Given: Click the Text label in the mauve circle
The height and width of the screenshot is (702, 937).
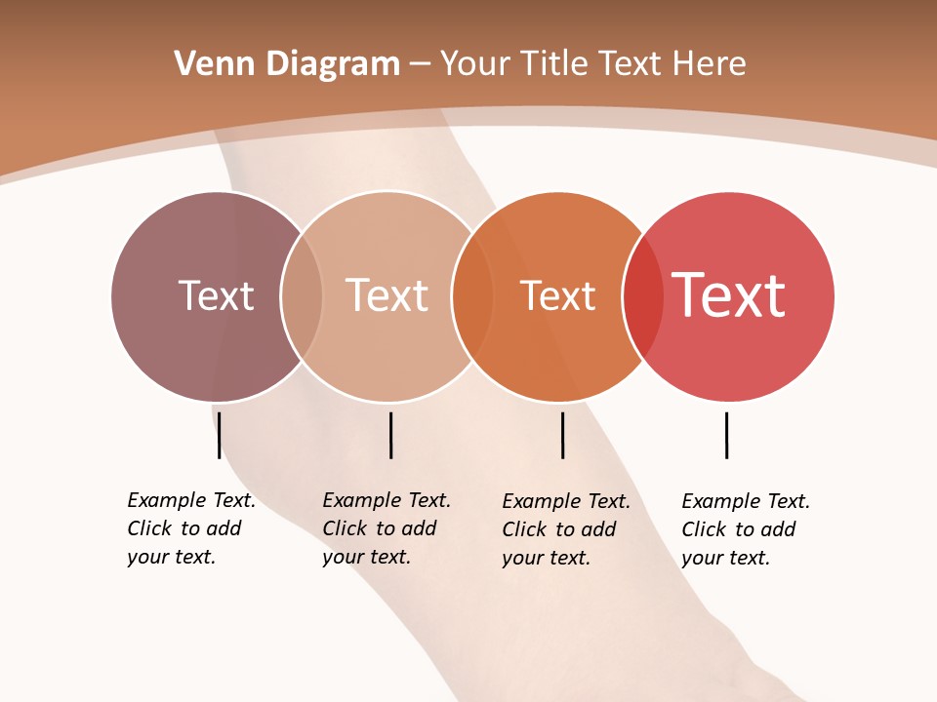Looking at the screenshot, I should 216,295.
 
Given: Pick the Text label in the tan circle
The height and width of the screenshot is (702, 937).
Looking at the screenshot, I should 387,295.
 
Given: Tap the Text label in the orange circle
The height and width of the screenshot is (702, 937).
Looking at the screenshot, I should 557,295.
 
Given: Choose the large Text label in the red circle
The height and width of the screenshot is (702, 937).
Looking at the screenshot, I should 728,295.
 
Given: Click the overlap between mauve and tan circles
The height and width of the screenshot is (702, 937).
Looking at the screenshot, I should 302,296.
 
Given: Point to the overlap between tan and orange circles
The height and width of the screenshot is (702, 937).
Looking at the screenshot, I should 472,296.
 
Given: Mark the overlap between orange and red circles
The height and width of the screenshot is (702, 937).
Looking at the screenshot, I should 643,296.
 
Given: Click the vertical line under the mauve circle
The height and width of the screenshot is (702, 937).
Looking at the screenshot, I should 220,435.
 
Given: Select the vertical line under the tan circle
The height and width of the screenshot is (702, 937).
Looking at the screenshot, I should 390,435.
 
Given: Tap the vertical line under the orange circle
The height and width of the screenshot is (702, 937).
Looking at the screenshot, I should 563,435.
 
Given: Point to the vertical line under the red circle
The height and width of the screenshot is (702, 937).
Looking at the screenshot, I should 726,435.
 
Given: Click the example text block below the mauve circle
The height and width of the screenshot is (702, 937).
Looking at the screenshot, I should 190,528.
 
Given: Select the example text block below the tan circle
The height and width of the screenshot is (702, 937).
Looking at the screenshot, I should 386,528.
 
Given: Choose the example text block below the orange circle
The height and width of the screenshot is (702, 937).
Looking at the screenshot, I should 565,529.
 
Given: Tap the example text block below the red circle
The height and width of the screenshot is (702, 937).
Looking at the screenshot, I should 745,529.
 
